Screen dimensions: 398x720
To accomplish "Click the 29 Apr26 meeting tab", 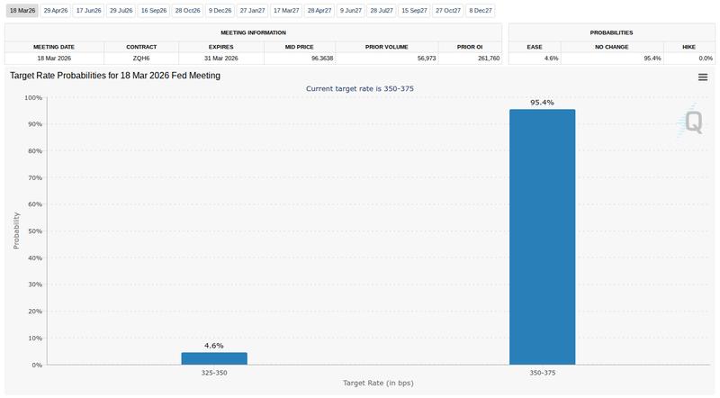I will point(56,10).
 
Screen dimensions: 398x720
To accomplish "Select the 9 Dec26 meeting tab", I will point(219,10).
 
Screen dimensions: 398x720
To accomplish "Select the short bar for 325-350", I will point(214,358).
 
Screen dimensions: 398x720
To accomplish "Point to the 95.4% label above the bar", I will point(542,103).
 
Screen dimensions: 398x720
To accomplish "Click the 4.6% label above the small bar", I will point(214,346).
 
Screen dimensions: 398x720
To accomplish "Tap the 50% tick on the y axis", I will point(32,231).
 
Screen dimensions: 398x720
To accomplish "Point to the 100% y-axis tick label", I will point(31,98).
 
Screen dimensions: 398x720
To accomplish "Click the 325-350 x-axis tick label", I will point(214,372).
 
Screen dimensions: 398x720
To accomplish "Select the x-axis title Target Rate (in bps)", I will point(378,383).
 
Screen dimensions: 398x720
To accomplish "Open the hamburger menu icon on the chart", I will point(703,77).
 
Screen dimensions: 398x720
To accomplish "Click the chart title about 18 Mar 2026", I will point(114,77).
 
